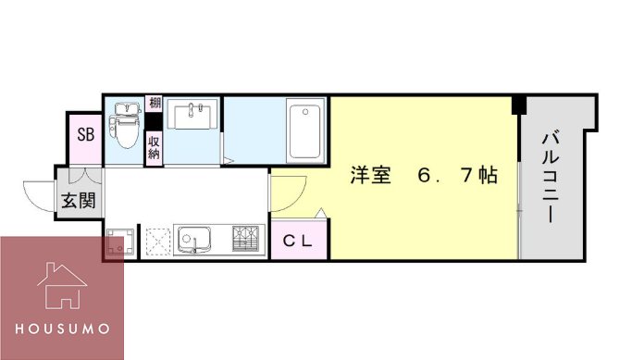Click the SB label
pos(85,135)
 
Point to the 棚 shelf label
pos(154,105)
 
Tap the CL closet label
pos(297,242)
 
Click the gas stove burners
pos(245,239)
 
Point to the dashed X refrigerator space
pos(155,241)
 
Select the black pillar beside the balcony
pos(519,105)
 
